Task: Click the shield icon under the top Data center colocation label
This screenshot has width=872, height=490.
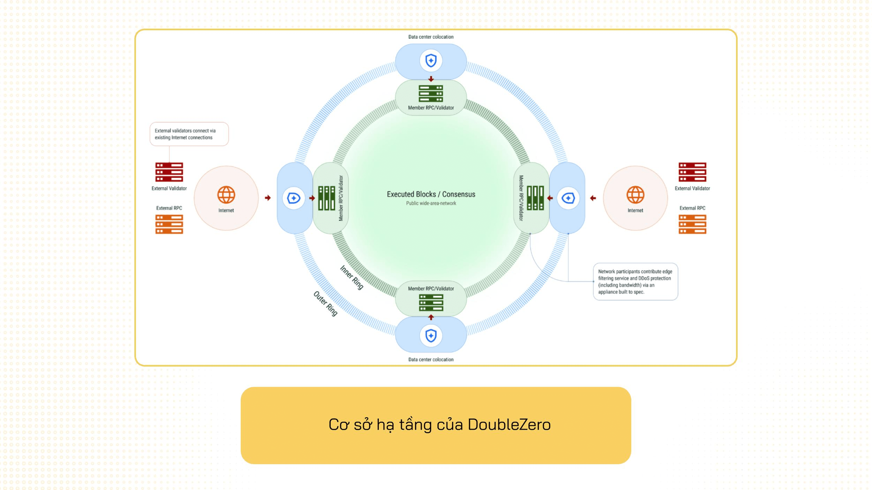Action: coord(431,61)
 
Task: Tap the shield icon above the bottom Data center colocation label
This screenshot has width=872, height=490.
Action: coord(431,336)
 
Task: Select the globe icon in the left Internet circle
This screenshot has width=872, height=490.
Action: coord(226,194)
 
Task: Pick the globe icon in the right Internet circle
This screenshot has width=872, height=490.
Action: coord(635,194)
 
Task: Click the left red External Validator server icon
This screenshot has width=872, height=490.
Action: coord(169,172)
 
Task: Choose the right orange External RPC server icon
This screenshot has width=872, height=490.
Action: coord(692,224)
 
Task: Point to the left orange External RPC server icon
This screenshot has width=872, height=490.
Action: coord(169,224)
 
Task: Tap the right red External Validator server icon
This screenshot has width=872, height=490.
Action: coord(692,172)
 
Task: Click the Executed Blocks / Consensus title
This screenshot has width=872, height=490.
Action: coord(431,194)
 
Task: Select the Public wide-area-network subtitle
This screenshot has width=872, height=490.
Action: coord(431,203)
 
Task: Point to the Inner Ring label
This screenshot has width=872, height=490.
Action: coord(352,277)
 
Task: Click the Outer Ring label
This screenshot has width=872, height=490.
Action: coord(325,304)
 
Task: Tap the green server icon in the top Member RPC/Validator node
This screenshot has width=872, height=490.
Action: coord(431,93)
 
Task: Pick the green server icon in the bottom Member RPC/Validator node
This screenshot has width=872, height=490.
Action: coord(431,303)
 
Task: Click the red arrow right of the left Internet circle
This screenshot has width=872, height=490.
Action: coord(268,198)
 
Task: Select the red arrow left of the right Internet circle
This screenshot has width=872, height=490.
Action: coord(593,198)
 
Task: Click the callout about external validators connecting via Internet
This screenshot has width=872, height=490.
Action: coord(189,134)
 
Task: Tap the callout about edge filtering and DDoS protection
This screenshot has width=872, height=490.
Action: coord(635,282)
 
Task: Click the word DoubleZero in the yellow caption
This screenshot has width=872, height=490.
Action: coord(509,424)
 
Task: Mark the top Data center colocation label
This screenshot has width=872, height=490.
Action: coord(431,37)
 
